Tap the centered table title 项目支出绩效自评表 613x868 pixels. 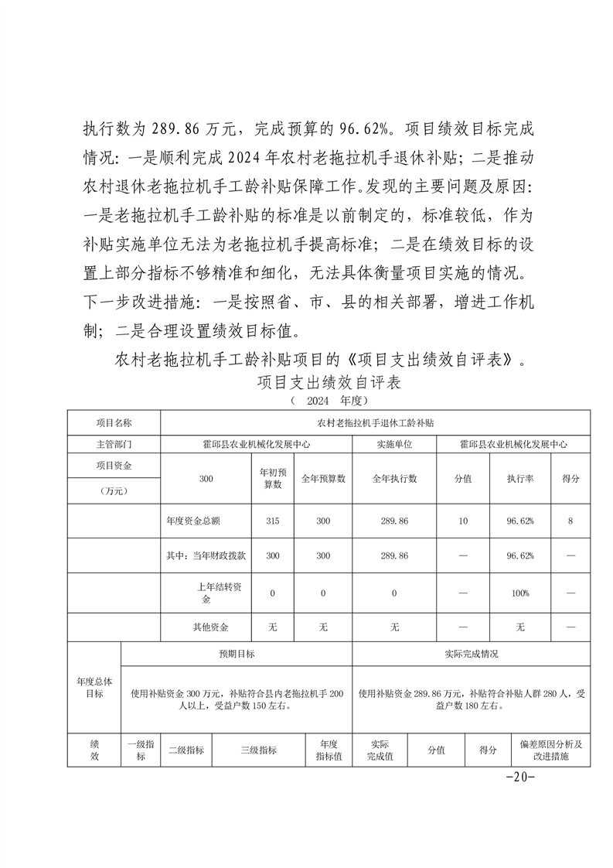[329, 383]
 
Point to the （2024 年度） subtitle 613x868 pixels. [329, 401]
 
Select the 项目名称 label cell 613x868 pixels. [114, 423]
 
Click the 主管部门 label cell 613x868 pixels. [114, 445]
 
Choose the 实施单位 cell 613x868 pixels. [394, 445]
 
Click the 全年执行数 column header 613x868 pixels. [394, 479]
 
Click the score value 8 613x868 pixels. [570, 521]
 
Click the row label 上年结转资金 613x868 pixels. [206, 593]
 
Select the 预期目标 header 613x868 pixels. [237, 654]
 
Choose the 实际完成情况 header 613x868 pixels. [471, 654]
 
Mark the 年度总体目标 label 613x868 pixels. [94, 687]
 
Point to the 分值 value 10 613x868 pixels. [462, 521]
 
